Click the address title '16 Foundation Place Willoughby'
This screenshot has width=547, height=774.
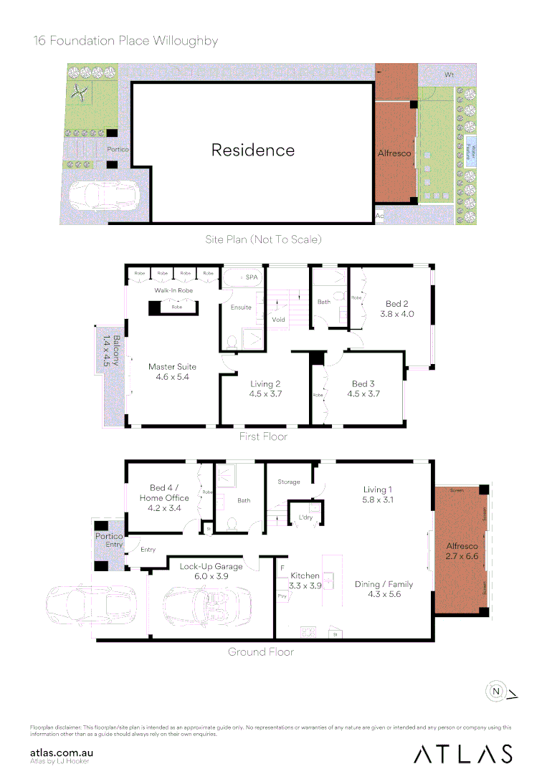click(125, 40)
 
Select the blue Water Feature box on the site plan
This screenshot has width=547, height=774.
click(470, 151)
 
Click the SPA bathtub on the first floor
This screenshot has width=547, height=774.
click(242, 277)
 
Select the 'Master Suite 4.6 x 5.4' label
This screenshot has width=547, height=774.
click(172, 371)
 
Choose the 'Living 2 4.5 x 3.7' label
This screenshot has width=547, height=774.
click(265, 388)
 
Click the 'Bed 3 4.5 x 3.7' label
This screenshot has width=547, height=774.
click(363, 388)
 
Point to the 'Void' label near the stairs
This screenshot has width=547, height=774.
click(279, 320)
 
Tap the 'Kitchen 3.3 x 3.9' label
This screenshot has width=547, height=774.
click(305, 580)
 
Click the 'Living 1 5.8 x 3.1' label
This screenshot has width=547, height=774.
click(378, 494)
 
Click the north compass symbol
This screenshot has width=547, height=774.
click(496, 692)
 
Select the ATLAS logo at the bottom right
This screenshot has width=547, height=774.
click(462, 754)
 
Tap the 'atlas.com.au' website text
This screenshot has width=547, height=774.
click(62, 752)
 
